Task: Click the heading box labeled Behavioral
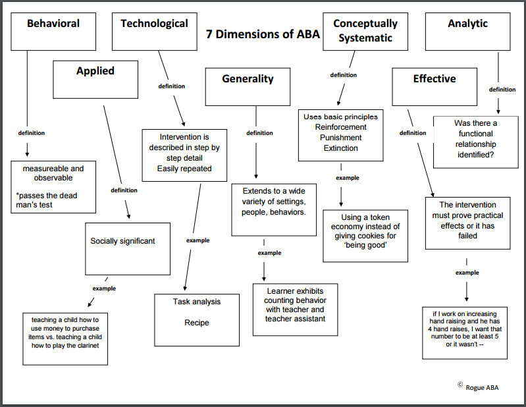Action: (x=53, y=32)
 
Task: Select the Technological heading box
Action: (x=155, y=32)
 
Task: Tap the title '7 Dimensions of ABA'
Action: (x=263, y=34)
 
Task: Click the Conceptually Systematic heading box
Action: (x=365, y=32)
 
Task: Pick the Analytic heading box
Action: (x=468, y=32)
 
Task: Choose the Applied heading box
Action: (x=95, y=80)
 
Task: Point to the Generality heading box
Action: (x=248, y=87)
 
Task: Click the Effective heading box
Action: (x=434, y=87)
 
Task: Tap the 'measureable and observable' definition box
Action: (x=53, y=187)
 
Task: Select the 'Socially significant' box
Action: (x=128, y=249)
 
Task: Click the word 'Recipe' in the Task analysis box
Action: (x=197, y=323)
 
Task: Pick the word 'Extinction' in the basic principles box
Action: (x=341, y=148)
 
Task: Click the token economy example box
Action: (x=365, y=236)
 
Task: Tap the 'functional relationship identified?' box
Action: (x=476, y=142)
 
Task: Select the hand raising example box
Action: (x=465, y=333)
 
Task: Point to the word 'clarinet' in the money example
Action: (x=88, y=346)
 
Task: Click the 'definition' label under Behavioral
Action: (x=32, y=133)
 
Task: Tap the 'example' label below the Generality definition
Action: (x=269, y=253)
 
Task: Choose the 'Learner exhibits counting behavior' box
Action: (x=295, y=310)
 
